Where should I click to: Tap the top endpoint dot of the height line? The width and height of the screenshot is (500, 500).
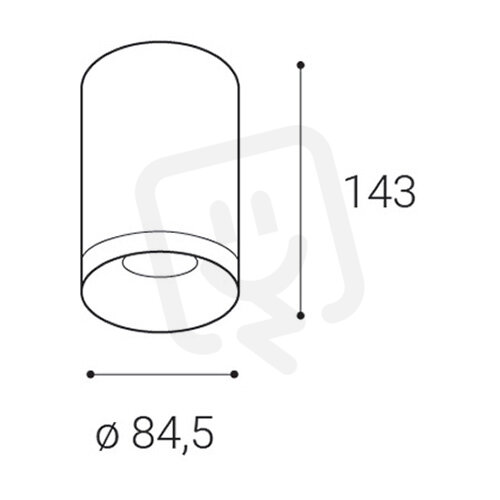point(301,65)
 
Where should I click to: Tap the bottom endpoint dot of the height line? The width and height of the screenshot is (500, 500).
point(301,315)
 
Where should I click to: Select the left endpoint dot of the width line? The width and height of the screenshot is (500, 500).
point(90,374)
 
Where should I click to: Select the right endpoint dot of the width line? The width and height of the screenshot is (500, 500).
point(234,374)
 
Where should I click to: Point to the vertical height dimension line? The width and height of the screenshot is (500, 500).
point(301,190)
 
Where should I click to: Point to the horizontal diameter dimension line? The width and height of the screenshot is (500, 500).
point(162,374)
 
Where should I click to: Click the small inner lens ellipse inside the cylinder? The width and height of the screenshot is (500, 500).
point(160,266)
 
